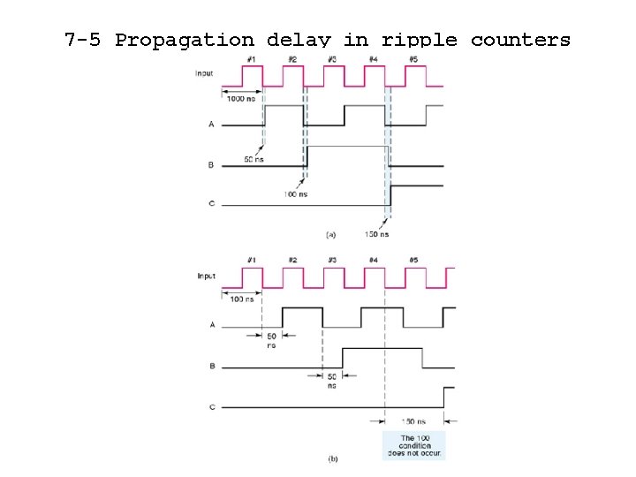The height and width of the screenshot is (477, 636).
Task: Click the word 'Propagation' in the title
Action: click(x=183, y=40)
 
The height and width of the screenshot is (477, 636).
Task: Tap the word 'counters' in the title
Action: click(x=520, y=40)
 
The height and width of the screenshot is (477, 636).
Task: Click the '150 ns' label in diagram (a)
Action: click(x=377, y=234)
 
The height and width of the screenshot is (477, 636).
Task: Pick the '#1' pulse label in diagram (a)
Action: click(x=252, y=59)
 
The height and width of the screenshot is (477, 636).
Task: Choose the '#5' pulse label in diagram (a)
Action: click(x=413, y=59)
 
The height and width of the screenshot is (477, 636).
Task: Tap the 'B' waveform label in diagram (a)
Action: click(x=211, y=165)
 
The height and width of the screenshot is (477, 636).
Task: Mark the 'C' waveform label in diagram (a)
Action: click(x=211, y=204)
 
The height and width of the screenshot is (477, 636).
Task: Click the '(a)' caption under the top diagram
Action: click(x=331, y=234)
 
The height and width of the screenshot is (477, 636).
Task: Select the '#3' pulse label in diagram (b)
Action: click(x=332, y=260)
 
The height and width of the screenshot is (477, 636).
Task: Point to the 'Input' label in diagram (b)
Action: click(x=206, y=276)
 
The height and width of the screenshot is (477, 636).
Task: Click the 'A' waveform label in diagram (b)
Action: click(x=211, y=324)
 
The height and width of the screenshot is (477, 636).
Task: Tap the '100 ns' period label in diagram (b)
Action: click(x=241, y=300)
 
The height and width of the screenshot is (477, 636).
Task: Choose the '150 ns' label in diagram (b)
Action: click(x=413, y=421)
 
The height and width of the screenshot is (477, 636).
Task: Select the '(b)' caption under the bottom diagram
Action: click(x=333, y=458)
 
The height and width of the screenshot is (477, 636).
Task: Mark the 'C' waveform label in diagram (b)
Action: click(x=211, y=407)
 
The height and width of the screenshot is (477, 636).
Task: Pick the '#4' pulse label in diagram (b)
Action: click(x=373, y=260)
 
